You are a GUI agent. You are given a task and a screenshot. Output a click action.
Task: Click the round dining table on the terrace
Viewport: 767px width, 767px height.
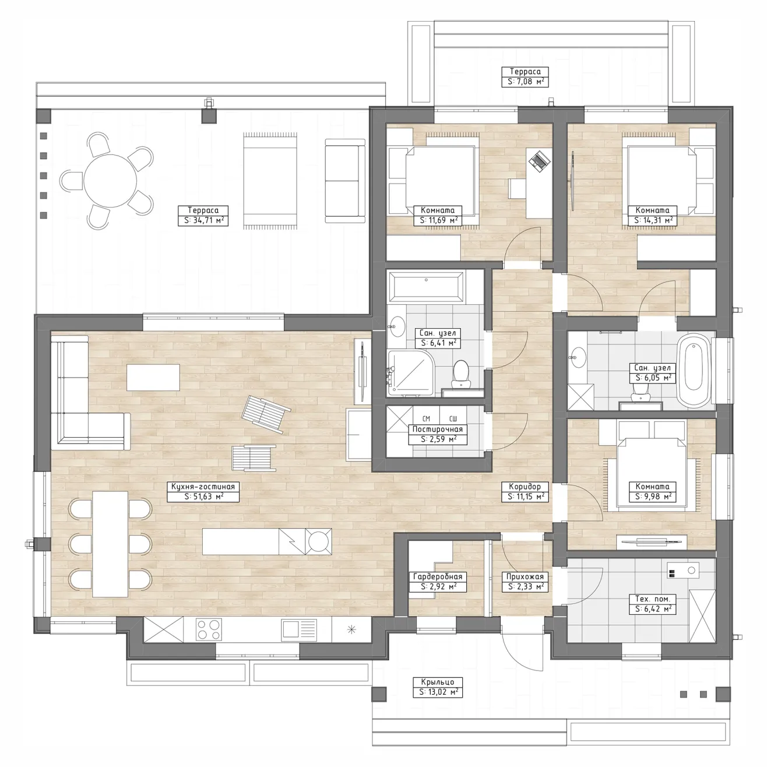pyautogui.click(x=110, y=181)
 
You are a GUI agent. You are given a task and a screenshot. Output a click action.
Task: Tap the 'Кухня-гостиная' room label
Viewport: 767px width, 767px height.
pyautogui.click(x=203, y=487)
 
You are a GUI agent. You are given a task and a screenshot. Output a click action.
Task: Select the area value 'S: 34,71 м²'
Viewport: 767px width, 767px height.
pyautogui.click(x=203, y=220)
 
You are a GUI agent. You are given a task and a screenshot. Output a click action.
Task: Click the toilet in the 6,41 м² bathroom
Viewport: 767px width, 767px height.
pyautogui.click(x=462, y=374)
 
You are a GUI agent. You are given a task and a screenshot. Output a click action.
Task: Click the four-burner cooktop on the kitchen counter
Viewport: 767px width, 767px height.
pyautogui.click(x=209, y=629)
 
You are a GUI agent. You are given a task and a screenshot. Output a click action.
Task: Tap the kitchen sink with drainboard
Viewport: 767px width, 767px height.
pyautogui.click(x=299, y=629)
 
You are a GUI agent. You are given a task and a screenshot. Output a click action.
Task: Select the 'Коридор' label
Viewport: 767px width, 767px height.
pyautogui.click(x=525, y=487)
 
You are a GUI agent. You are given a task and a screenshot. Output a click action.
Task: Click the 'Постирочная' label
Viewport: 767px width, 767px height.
pyautogui.click(x=438, y=429)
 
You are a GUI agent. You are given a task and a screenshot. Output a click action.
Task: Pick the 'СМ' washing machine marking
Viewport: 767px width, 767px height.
pyautogui.click(x=426, y=418)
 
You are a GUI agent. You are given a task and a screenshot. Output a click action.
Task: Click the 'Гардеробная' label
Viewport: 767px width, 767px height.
pyautogui.click(x=438, y=576)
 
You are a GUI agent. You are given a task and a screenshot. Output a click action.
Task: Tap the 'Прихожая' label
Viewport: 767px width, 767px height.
pyautogui.click(x=525, y=576)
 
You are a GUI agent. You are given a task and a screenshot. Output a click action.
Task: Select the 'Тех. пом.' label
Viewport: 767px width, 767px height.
pyautogui.click(x=652, y=599)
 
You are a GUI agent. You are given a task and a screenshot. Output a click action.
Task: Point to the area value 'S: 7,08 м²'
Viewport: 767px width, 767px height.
pyautogui.click(x=525, y=82)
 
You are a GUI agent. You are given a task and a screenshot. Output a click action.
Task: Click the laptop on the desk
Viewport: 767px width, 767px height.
pyautogui.click(x=539, y=161)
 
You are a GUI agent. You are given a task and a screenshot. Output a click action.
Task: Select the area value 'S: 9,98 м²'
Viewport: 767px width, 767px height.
pyautogui.click(x=653, y=497)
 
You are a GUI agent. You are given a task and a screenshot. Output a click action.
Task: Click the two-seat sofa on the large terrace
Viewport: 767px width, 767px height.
pyautogui.click(x=345, y=181)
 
